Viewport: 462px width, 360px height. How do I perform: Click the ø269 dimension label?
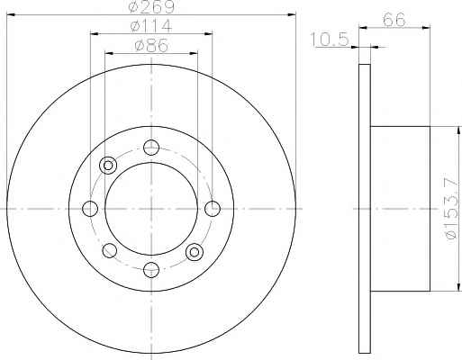[151, 6]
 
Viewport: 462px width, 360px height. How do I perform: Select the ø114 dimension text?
[151, 26]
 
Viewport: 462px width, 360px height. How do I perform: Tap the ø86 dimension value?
[151, 46]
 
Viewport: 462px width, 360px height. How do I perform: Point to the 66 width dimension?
[394, 20]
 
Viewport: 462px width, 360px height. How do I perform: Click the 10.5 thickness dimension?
[330, 40]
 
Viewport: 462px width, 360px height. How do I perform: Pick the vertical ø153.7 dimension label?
[453, 209]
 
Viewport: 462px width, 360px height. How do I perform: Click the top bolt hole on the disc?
[151, 148]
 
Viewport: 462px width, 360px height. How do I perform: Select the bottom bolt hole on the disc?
[151, 270]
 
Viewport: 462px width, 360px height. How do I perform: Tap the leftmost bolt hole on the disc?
[90, 209]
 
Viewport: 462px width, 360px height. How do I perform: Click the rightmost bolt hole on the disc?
[213, 209]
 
